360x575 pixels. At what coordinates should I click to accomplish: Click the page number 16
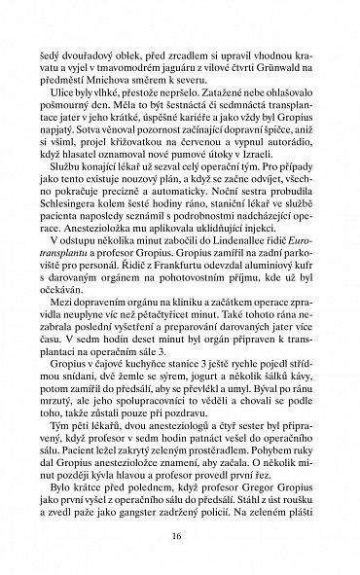(179, 534)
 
